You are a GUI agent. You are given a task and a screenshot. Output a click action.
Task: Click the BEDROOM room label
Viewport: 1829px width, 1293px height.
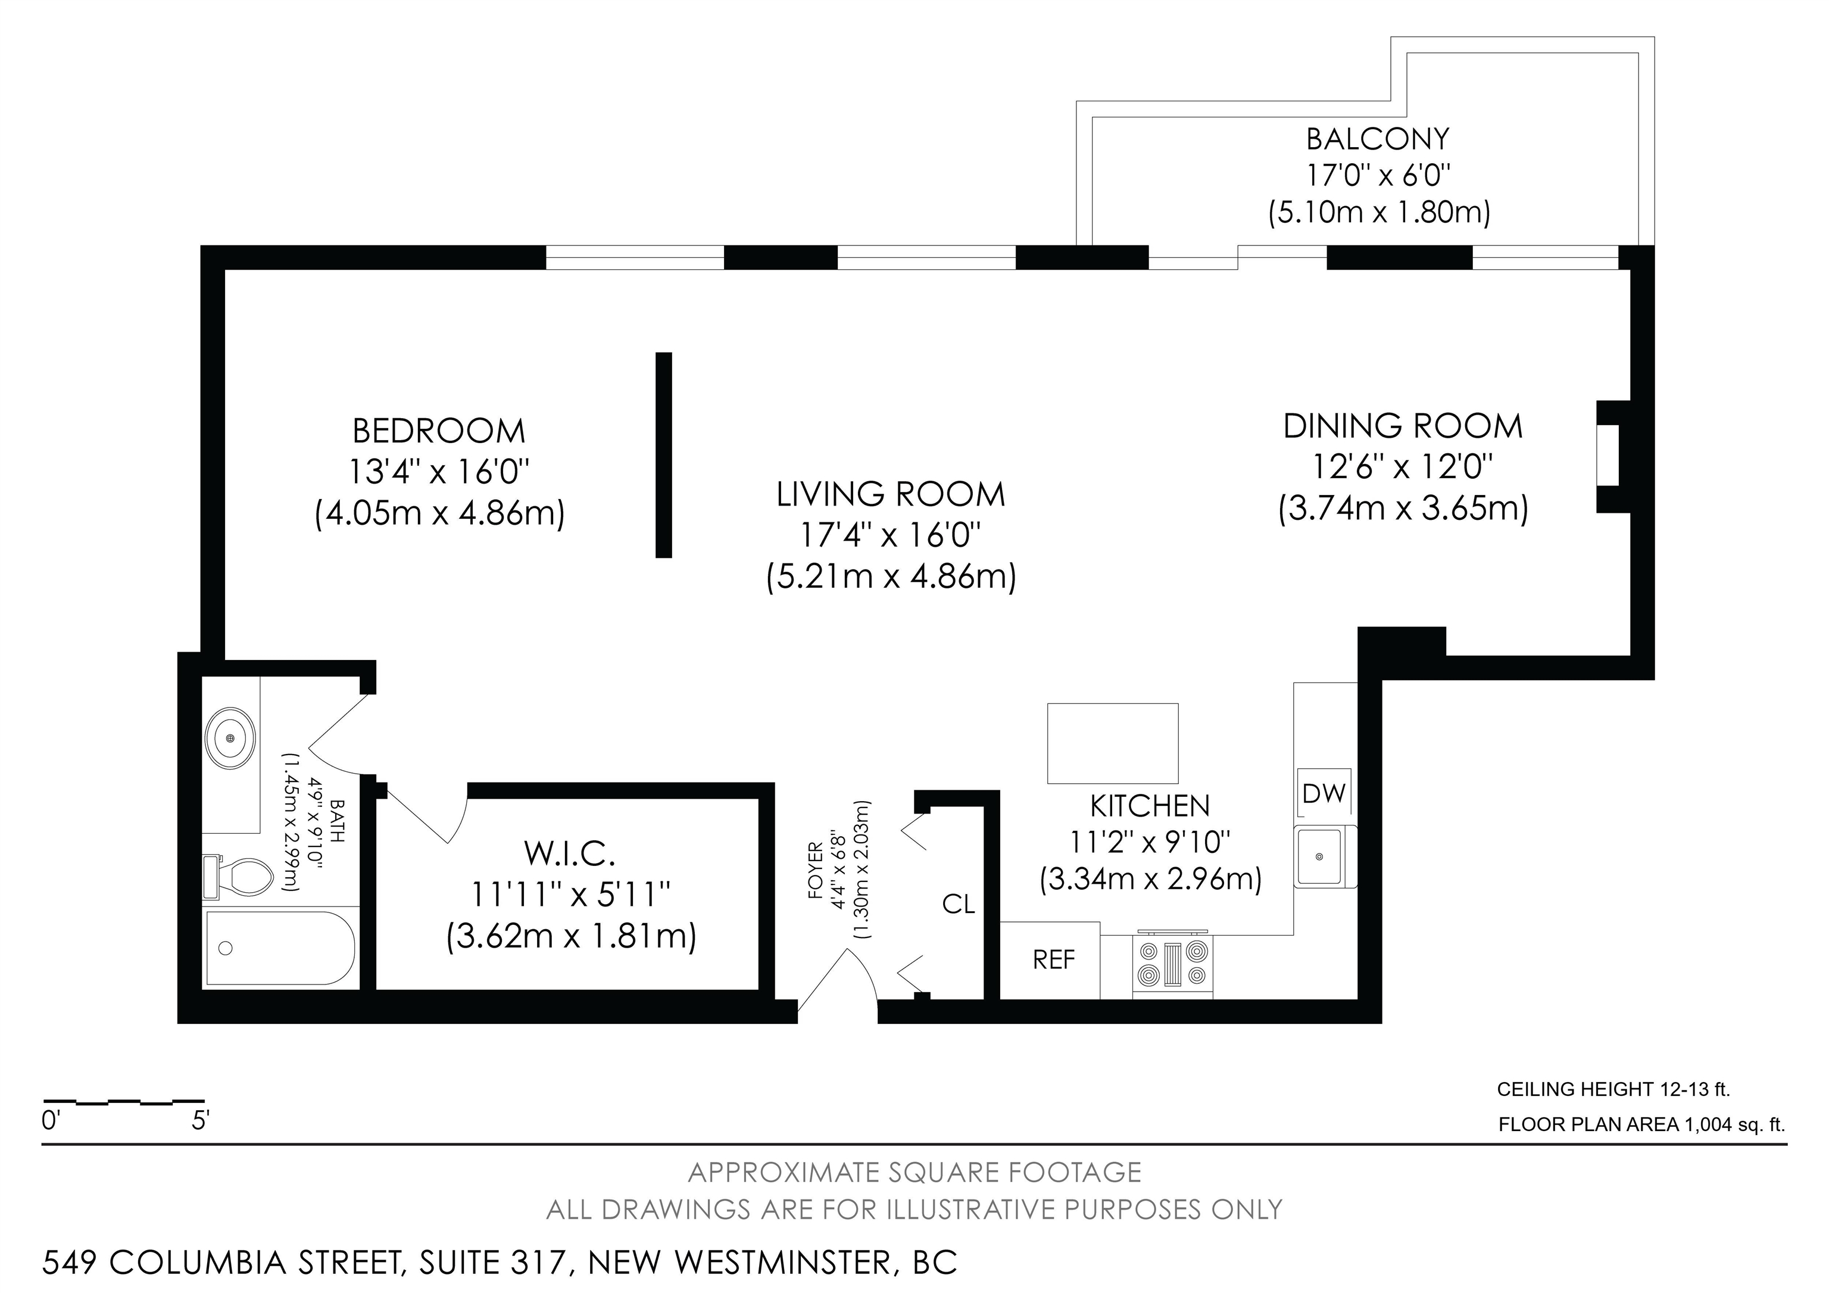(439, 431)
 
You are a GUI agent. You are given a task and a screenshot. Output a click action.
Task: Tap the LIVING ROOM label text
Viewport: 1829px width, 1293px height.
(891, 495)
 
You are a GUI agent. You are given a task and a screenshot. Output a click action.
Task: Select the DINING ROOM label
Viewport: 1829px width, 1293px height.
(1403, 426)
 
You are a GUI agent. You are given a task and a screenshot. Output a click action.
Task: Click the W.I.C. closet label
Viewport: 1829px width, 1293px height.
(570, 854)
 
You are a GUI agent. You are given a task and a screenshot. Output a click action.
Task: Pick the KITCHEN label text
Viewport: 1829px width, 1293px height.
(1150, 806)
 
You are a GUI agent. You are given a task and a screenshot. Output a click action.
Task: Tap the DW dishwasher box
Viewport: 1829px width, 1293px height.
(1324, 793)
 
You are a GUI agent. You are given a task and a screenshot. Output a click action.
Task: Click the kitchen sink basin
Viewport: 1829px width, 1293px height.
(1319, 857)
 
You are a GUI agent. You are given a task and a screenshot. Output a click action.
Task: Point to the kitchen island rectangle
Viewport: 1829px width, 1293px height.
(1113, 743)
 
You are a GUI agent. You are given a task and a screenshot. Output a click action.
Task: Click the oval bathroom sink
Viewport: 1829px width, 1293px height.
(230, 739)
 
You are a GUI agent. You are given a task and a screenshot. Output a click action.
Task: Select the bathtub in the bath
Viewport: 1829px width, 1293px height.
(279, 948)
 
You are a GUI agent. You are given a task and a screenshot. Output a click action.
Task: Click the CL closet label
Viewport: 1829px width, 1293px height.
(959, 903)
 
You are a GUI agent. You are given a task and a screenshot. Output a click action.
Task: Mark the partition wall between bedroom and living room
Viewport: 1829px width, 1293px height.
(664, 455)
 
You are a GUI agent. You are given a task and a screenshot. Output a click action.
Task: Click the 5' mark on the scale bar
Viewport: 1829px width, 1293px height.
(201, 1121)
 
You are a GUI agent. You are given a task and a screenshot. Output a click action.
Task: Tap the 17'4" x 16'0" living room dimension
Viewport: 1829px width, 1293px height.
(891, 535)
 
